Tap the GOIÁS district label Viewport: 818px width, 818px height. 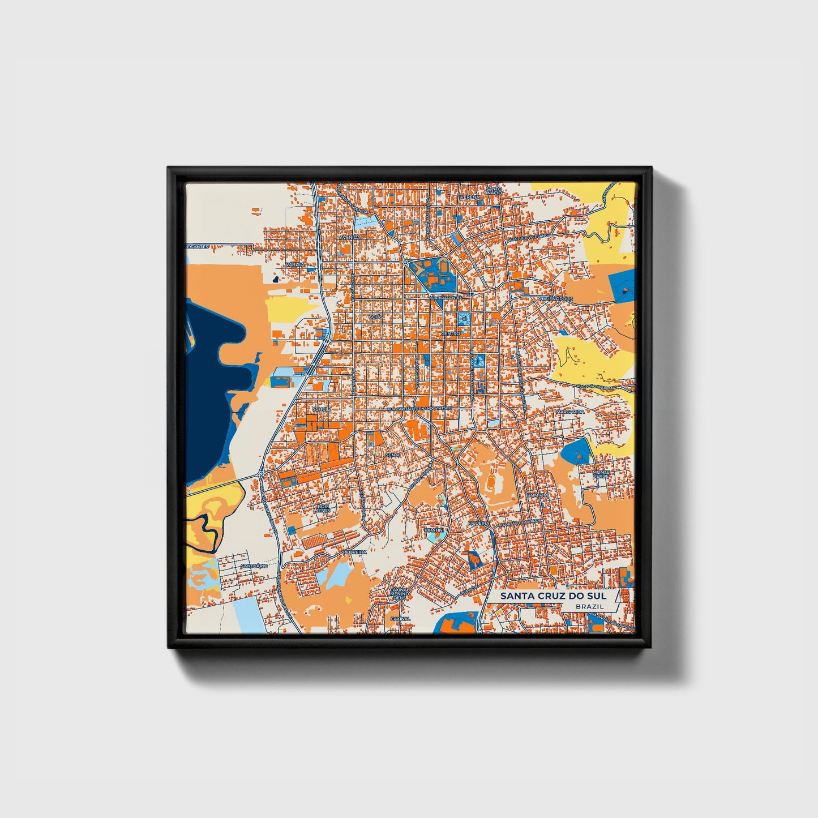point(376,317)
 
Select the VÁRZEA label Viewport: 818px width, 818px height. point(295,264)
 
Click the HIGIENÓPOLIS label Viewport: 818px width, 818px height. point(556,298)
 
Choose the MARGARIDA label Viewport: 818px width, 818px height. point(569,412)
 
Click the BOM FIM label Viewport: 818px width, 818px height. point(537,495)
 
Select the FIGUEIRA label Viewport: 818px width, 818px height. point(478,524)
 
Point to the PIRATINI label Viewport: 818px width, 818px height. point(434,530)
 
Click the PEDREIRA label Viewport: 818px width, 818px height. point(355,551)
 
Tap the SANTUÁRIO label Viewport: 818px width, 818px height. point(254,566)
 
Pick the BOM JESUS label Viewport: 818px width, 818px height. point(323,508)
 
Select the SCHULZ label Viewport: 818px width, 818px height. point(321,408)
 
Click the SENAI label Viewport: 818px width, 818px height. point(392,455)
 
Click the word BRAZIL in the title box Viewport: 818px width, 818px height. point(589,606)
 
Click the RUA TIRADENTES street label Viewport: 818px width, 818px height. point(446,297)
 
